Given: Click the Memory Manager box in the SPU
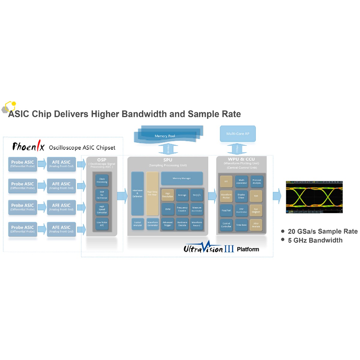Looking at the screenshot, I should pos(182,178).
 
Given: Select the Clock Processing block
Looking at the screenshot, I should pos(102,180).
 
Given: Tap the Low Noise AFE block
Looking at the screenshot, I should pos(102,224).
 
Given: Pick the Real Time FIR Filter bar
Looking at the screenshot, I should pos(152,193).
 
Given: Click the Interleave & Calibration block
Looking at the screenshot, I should pos(137,193).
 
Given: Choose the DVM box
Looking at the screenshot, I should pos(168,209).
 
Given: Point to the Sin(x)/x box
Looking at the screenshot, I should pos(197,195).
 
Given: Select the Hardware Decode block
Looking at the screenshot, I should pos(182,224).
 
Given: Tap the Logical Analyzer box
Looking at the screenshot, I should pos(137,224).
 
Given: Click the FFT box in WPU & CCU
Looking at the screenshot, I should pos(226,181).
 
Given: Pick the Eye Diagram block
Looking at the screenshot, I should pos(256,210).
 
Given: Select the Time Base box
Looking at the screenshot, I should pos(241,225).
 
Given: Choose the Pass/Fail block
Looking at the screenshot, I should pos(226,210).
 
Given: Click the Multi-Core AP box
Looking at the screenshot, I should pos(238,134).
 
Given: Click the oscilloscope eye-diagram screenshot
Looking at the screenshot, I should pos(314,197).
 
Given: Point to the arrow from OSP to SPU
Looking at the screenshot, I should pos(122,196).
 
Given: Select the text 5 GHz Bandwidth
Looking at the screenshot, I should pos(315,240).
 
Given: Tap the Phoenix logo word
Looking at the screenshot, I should pos(28,147).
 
